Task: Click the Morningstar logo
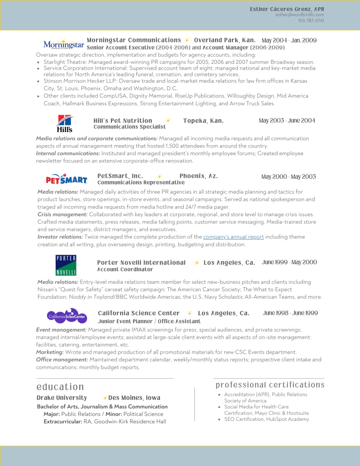click(63, 45)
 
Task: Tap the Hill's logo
click(65, 123)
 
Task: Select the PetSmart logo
click(67, 179)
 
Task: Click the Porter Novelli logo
click(66, 265)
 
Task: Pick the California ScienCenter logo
click(67, 316)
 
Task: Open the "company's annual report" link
click(233, 237)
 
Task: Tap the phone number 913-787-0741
click(311, 21)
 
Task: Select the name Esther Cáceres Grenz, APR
click(287, 9)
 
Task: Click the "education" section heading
click(60, 387)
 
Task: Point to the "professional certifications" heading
click(270, 385)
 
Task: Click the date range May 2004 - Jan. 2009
click(289, 40)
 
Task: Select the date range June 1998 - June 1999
click(290, 313)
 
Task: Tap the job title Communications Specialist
click(130, 127)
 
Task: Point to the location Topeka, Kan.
click(203, 121)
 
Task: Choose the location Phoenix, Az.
click(199, 176)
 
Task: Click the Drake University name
click(62, 398)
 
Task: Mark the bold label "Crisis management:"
click(62, 214)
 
